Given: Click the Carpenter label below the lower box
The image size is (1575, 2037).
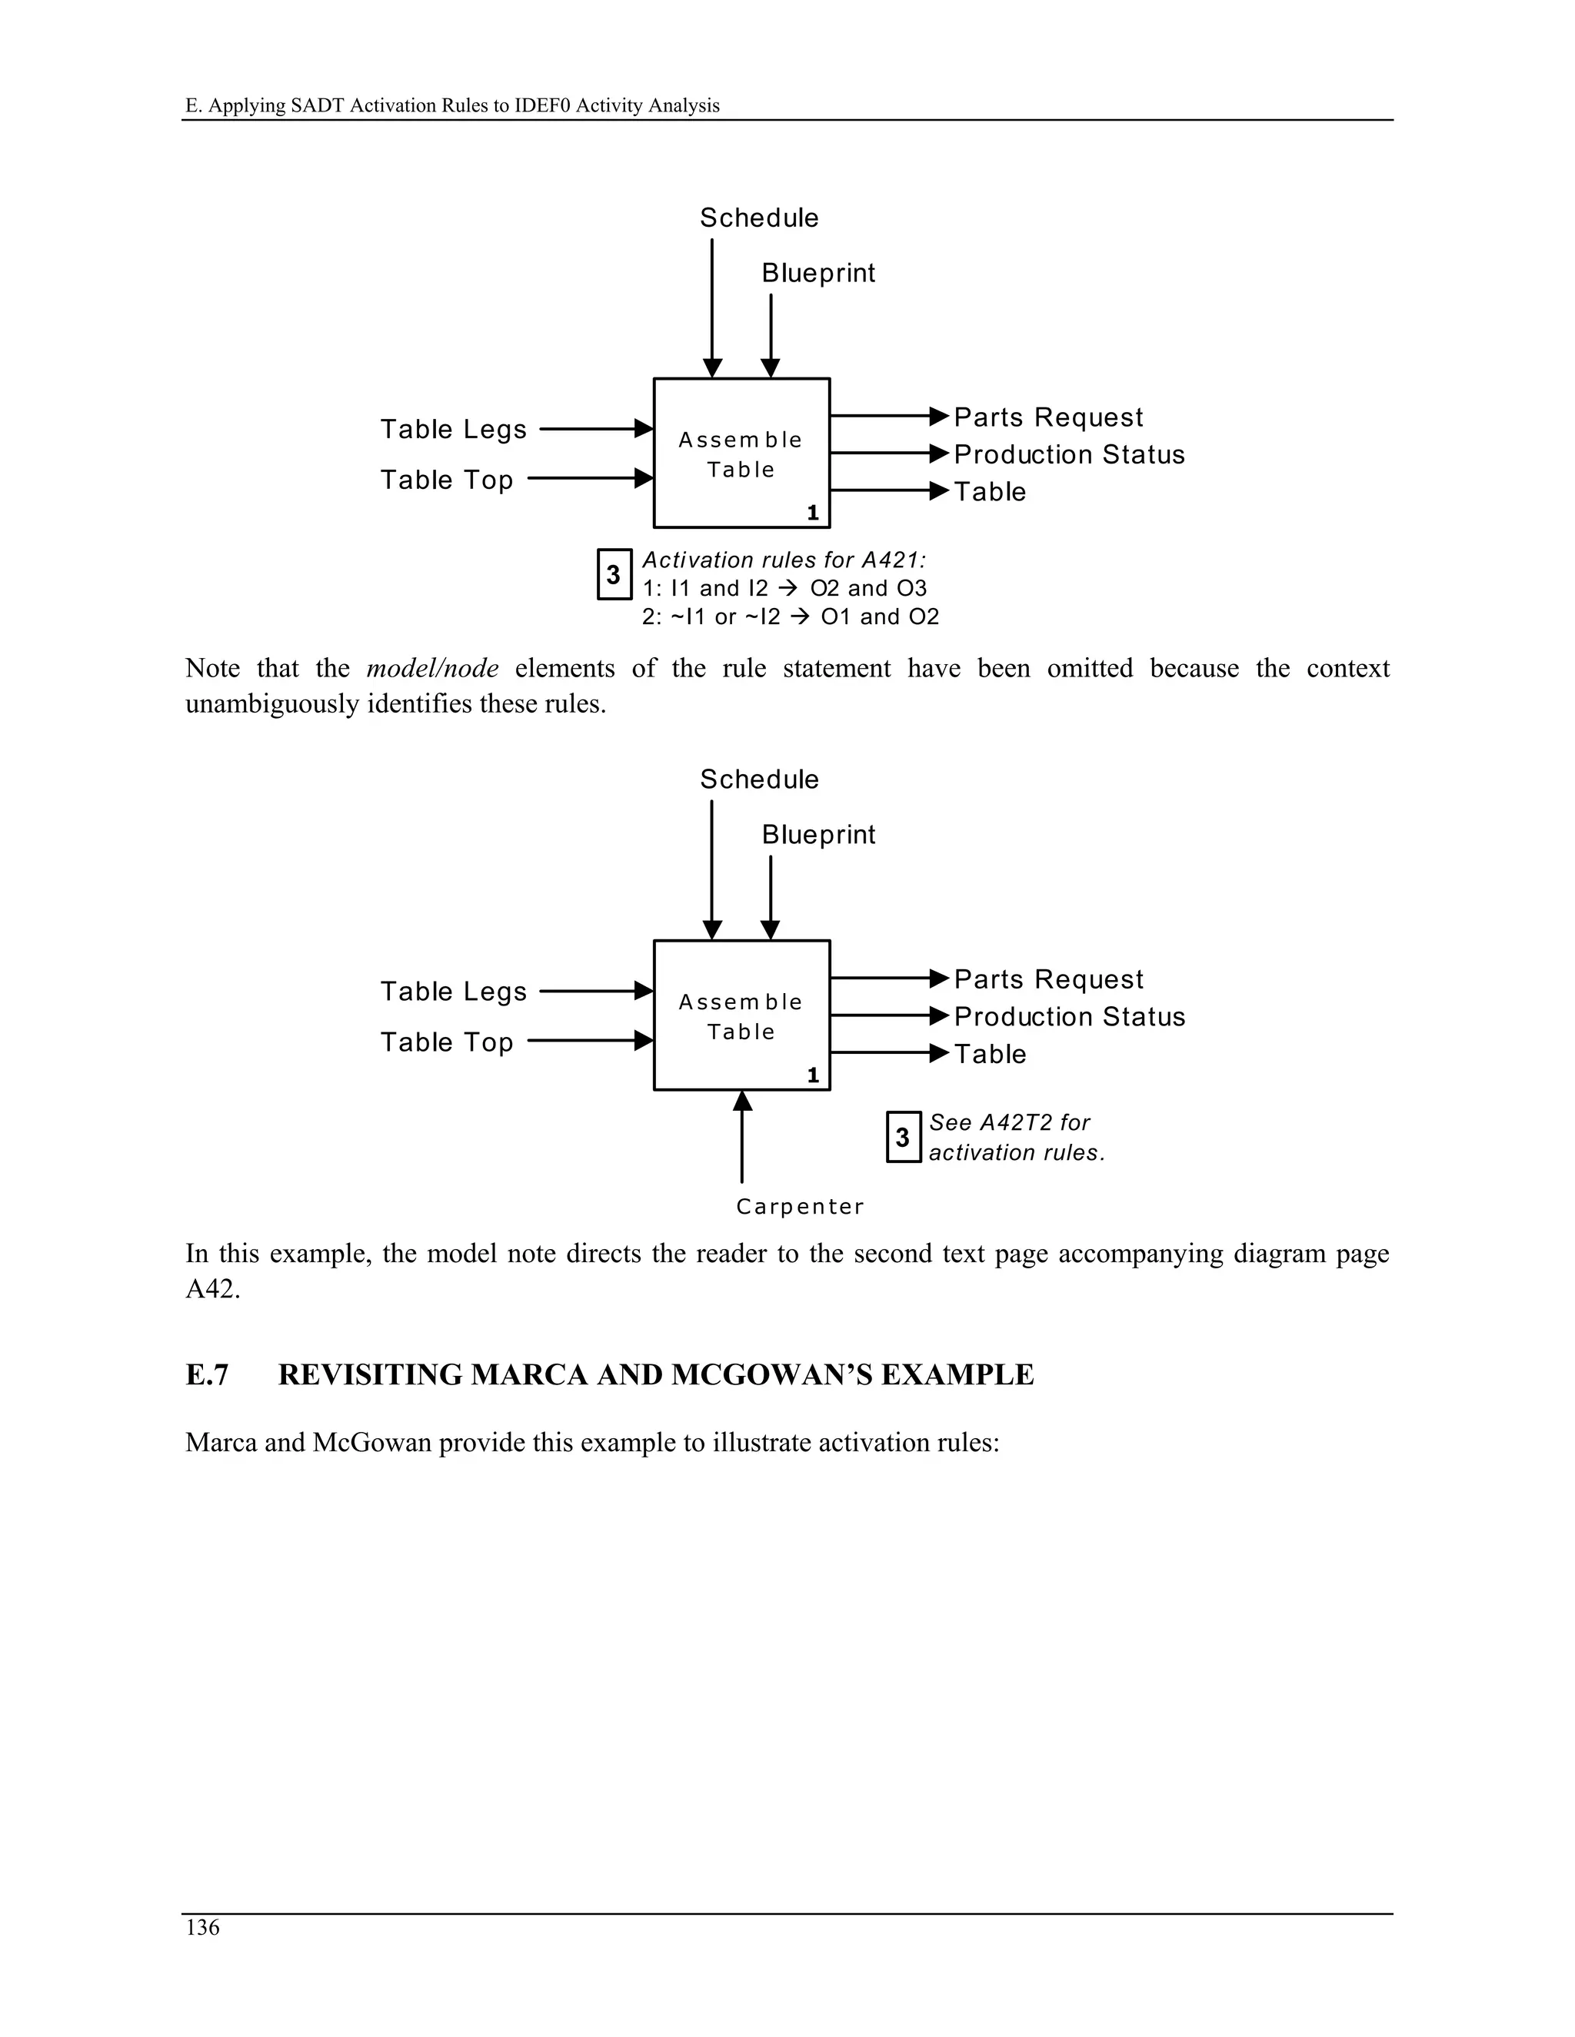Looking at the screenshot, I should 800,1206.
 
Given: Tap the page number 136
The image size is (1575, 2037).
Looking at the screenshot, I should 202,1927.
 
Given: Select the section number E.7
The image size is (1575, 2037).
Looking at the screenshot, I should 207,1375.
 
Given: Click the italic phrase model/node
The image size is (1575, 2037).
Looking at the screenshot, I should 432,668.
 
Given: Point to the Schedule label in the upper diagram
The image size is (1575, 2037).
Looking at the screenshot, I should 758,218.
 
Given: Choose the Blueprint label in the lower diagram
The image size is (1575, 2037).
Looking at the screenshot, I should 818,835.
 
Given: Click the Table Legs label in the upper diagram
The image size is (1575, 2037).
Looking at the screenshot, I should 454,429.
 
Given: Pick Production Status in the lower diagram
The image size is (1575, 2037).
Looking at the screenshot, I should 1069,1017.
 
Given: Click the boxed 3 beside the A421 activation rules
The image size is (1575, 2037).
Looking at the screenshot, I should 613,574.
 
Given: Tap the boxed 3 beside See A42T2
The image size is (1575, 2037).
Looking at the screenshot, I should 902,1137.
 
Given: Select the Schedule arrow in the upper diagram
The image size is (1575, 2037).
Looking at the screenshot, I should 712,307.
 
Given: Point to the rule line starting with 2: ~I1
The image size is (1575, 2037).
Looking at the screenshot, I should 791,616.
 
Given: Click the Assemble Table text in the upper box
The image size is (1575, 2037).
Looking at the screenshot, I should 741,454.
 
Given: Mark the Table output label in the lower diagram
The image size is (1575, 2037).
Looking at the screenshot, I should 990,1054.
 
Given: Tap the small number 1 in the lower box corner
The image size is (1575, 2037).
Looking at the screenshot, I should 813,1075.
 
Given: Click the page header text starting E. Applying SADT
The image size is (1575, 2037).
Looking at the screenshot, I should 452,105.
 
